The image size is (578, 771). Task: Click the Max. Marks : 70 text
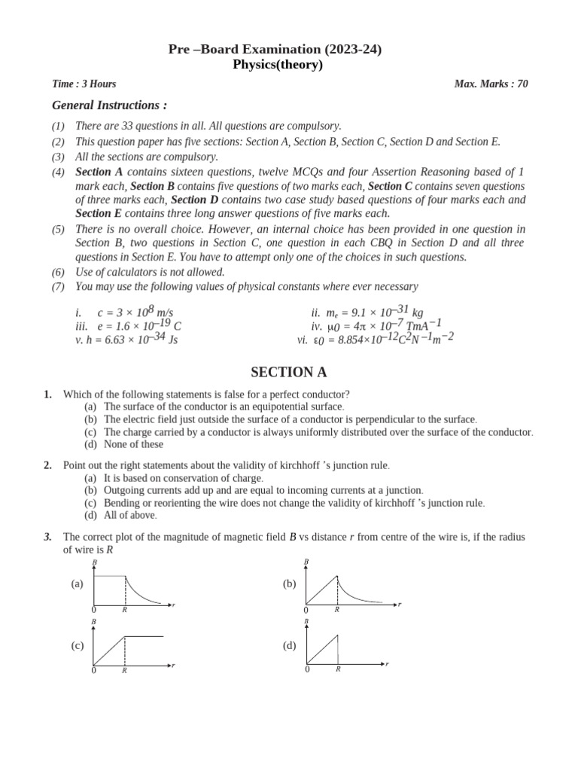click(x=491, y=84)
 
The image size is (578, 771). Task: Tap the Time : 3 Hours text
click(x=84, y=84)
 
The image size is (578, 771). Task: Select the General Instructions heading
click(x=109, y=105)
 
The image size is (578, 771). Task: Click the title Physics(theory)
click(x=277, y=65)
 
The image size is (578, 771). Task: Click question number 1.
click(x=47, y=394)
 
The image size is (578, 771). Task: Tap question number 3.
click(x=47, y=536)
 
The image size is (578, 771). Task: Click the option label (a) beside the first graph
click(x=77, y=584)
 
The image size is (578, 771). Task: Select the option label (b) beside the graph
click(x=289, y=584)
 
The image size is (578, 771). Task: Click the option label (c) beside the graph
click(x=77, y=645)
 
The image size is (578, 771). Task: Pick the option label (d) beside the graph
click(x=289, y=645)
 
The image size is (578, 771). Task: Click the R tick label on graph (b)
click(x=336, y=609)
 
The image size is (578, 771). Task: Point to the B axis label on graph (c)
click(x=94, y=622)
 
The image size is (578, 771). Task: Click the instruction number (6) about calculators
click(x=58, y=272)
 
